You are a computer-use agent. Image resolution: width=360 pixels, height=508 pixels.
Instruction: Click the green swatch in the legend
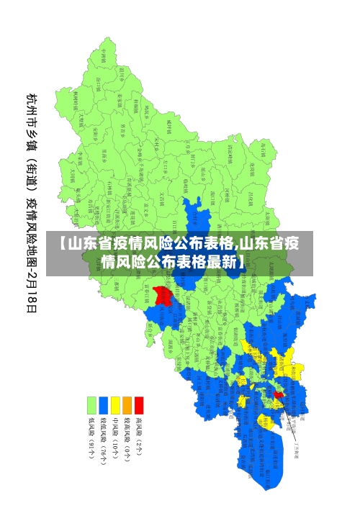(x=91, y=405)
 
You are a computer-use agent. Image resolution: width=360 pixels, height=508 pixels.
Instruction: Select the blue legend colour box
(x=103, y=405)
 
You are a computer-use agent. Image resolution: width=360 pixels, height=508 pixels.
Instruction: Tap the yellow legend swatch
(x=115, y=405)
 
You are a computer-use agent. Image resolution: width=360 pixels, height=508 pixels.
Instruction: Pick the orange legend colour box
(x=127, y=405)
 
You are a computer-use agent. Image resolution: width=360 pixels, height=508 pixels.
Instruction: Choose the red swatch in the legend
(x=139, y=405)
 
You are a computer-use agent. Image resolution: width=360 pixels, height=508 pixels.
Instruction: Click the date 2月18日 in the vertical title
(x=32, y=289)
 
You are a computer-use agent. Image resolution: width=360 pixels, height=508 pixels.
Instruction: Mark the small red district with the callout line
(x=279, y=394)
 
